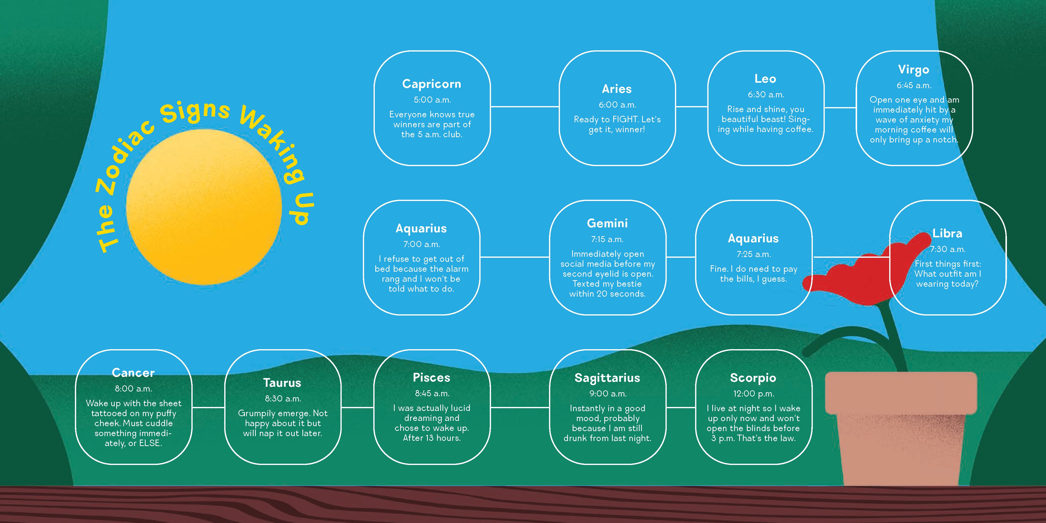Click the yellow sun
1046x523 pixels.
(x=204, y=207)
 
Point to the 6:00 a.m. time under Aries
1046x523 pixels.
(x=617, y=105)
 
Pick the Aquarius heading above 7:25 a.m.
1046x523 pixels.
(x=753, y=239)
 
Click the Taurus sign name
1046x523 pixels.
(x=282, y=383)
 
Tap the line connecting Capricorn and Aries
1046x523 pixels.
(x=525, y=107)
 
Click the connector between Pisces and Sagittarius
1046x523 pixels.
(x=520, y=407)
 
